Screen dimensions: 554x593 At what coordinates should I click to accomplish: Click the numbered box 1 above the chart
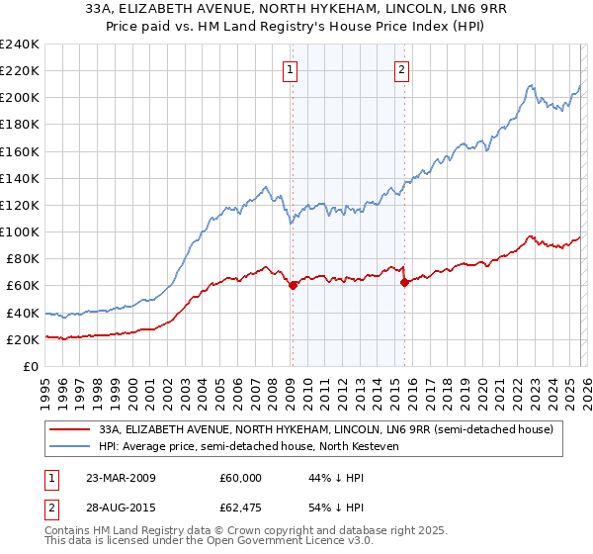click(x=291, y=69)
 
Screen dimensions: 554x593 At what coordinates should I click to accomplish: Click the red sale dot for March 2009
click(x=293, y=285)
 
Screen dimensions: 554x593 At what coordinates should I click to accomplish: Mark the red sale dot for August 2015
click(x=404, y=282)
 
